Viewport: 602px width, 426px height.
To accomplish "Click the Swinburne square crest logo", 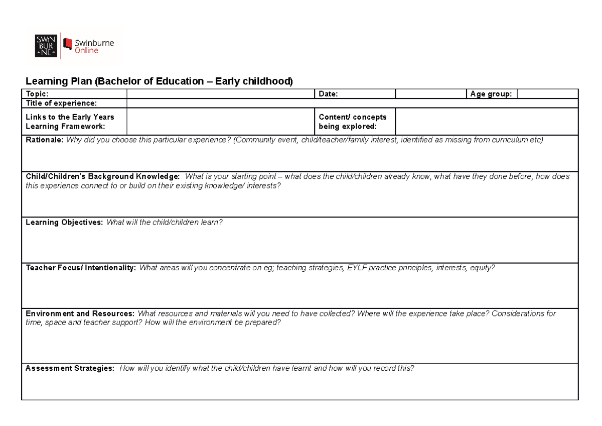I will click(45, 46).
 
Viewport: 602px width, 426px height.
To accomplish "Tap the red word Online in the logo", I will click(87, 50).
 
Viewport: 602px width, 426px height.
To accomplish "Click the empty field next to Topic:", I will click(220, 94).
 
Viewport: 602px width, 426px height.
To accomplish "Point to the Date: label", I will click(329, 94).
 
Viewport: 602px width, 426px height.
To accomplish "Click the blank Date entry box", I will click(430, 94).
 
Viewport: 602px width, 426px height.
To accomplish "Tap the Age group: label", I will click(491, 94).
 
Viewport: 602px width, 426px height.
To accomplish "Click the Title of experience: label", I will click(61, 103).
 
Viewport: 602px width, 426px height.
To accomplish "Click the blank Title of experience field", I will click(351, 103).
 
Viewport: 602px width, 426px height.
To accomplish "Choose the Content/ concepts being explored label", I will click(353, 122).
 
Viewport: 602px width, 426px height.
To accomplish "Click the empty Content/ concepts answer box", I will click(486, 122).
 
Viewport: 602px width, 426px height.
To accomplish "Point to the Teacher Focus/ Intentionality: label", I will click(81, 268).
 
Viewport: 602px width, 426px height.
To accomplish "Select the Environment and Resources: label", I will click(80, 313).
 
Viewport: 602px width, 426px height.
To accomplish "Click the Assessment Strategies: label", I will click(70, 368).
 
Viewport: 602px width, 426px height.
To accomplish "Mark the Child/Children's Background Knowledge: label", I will click(102, 177).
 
